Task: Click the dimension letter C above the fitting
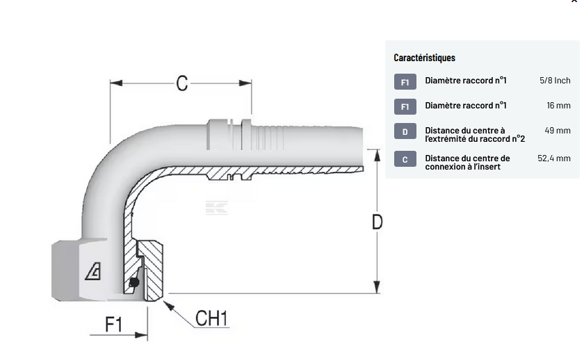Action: [x=182, y=83]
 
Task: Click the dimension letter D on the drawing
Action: [x=377, y=222]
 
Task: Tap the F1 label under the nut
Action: [x=113, y=324]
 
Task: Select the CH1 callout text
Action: [x=212, y=319]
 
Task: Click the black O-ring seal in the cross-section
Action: [x=134, y=282]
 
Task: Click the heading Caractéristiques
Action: [x=424, y=58]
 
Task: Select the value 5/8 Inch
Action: [x=555, y=81]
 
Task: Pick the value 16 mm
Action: [x=558, y=106]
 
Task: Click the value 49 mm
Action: [x=558, y=131]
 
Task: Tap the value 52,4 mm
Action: [x=554, y=158]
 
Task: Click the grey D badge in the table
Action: [x=405, y=132]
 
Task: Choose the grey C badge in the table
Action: [x=405, y=160]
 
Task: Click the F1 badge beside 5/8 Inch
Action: [x=405, y=82]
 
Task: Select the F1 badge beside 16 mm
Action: [x=405, y=106]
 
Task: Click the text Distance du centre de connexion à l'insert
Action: [x=467, y=163]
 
